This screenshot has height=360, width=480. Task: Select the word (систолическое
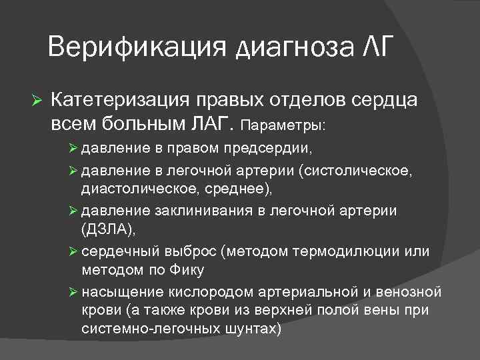pos(359,172)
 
